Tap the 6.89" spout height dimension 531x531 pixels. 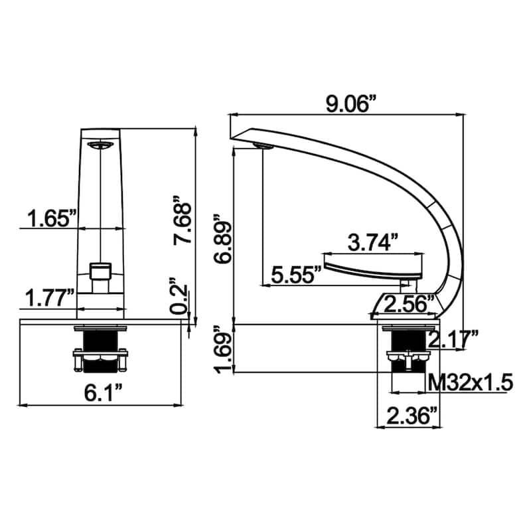[x=220, y=238]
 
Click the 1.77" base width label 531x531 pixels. [x=50, y=299]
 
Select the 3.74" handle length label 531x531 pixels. [x=374, y=242]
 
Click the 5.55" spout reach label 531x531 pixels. [x=295, y=275]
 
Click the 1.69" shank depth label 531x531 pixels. [x=220, y=350]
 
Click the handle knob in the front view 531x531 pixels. [x=100, y=271]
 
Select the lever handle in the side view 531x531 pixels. [x=372, y=269]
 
